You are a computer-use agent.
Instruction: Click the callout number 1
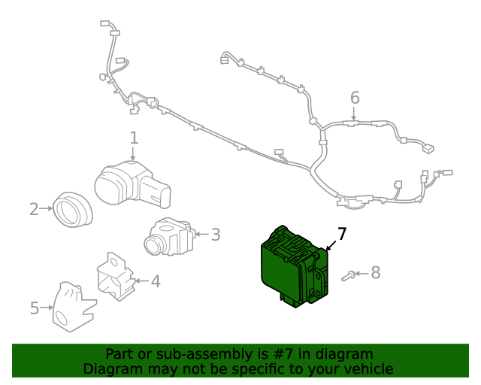click(x=134, y=138)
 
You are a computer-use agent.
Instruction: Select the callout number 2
click(x=34, y=209)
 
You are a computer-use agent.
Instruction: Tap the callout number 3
click(x=216, y=235)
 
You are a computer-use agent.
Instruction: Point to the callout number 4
click(x=156, y=281)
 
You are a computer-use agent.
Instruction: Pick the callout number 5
click(x=35, y=308)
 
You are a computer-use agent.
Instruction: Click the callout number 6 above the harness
click(x=355, y=98)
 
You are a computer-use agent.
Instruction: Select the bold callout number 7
click(x=342, y=234)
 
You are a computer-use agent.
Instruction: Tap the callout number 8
click(x=376, y=273)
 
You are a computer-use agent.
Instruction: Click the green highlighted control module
click(x=294, y=266)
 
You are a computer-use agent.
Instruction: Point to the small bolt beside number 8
click(x=349, y=276)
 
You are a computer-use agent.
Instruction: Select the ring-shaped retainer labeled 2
click(x=73, y=210)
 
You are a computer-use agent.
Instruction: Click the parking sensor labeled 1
click(x=132, y=184)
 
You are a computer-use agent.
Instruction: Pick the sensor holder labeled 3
click(x=170, y=236)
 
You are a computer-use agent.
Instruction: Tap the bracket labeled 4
click(x=116, y=276)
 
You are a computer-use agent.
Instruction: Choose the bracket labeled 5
click(x=74, y=307)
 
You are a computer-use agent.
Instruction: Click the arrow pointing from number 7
click(x=331, y=246)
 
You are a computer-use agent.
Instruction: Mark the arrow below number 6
click(x=354, y=114)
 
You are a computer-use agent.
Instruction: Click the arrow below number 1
click(x=133, y=153)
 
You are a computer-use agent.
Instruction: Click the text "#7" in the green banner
click(x=283, y=354)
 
